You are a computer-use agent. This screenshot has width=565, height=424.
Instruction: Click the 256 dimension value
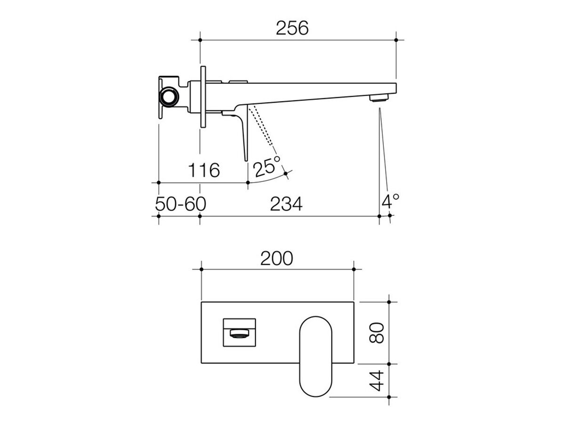(299, 28)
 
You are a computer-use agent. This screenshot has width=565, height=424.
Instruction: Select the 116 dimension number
(204, 170)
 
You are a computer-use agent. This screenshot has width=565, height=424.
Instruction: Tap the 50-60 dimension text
(180, 204)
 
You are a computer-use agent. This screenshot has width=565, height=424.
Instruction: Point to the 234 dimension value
(286, 204)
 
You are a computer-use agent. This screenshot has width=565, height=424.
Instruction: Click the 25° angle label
(266, 167)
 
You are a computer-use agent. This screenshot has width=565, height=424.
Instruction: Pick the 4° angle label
(390, 202)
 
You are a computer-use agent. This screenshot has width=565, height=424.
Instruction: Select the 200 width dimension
(277, 258)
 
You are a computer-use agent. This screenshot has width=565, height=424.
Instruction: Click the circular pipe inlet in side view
(168, 98)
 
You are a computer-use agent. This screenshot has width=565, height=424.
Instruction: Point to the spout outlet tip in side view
(378, 98)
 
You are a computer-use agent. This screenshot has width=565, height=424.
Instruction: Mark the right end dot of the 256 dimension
(396, 41)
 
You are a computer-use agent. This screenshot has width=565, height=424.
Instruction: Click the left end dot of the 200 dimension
(202, 269)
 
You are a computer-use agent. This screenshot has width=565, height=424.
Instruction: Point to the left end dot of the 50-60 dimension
(158, 216)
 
